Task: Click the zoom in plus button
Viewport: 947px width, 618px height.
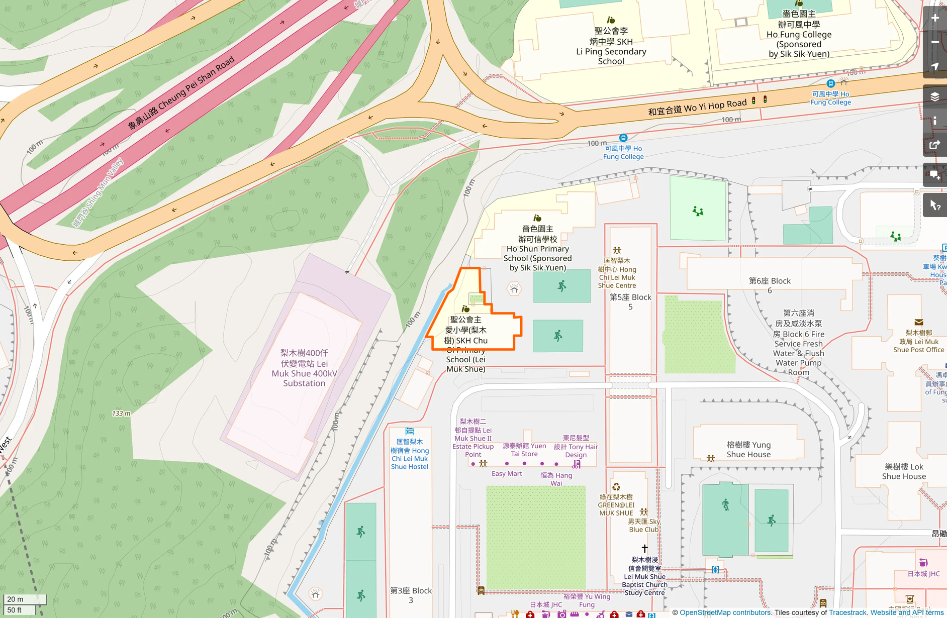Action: [934, 18]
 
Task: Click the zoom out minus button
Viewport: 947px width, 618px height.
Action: [934, 42]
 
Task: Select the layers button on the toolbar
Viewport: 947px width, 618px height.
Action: [934, 96]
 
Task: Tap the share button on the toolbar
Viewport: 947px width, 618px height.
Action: [934, 145]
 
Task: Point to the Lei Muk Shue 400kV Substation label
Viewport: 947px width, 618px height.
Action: [304, 368]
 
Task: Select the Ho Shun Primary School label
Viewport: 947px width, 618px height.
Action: [538, 248]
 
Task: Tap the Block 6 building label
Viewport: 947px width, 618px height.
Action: [770, 285]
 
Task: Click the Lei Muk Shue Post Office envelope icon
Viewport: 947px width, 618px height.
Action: [919, 323]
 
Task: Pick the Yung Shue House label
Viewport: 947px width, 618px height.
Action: [748, 449]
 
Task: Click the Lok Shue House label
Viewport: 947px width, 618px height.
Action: [904, 471]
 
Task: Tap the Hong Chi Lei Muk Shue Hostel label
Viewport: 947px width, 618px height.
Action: [410, 454]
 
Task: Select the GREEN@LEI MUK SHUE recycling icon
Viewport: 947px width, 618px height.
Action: [616, 486]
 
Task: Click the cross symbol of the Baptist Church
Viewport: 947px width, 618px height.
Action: [644, 549]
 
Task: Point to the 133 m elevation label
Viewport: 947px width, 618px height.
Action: [121, 414]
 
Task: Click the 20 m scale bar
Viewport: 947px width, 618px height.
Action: [24, 599]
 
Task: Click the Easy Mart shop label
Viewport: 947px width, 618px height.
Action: [507, 474]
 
